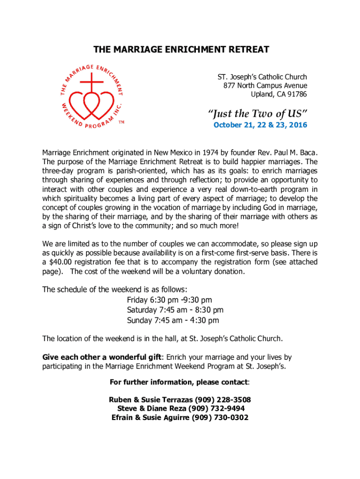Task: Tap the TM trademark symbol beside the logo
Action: tap(121, 122)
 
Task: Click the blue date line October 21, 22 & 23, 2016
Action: tap(260, 125)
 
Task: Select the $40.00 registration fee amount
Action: tap(59, 262)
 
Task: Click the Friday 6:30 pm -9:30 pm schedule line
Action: tap(169, 299)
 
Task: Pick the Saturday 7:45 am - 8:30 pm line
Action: tap(175, 310)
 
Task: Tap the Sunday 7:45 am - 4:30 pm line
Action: tap(173, 320)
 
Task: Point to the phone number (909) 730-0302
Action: tap(220, 418)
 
